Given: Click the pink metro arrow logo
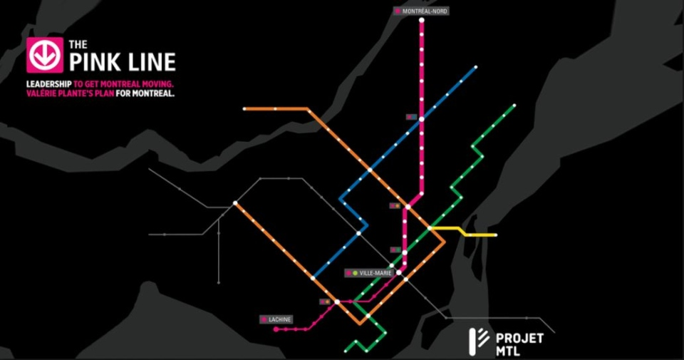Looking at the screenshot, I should pyautogui.click(x=43, y=55).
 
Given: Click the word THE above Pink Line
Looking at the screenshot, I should pyautogui.click(x=78, y=44).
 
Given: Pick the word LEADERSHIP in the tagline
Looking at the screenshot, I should pyautogui.click(x=48, y=84).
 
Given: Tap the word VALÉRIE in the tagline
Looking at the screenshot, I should pyautogui.click(x=43, y=93).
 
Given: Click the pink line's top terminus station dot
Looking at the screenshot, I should pyautogui.click(x=422, y=21).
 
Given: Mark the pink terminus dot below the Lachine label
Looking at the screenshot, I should pyautogui.click(x=275, y=329).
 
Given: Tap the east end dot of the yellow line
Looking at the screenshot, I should pyautogui.click(x=495, y=235).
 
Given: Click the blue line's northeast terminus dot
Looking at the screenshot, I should pyautogui.click(x=475, y=69).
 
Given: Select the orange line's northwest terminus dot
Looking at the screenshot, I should pyautogui.click(x=244, y=109).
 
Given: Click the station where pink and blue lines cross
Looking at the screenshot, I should pyautogui.click(x=422, y=119).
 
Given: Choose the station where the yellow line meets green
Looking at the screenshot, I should pyautogui.click(x=431, y=228).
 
